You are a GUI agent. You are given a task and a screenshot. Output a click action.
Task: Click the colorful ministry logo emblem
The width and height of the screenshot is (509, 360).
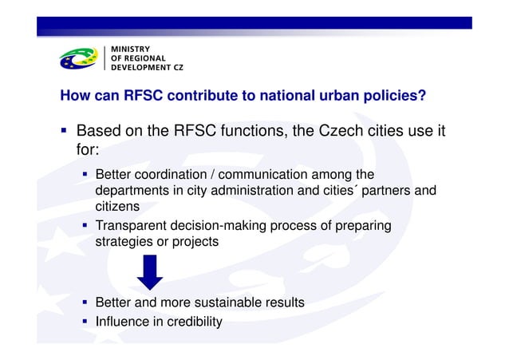pos(79,58)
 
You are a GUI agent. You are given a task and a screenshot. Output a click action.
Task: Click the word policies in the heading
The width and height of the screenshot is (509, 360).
pos(395,97)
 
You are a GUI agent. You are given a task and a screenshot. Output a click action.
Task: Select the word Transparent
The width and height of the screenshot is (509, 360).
pos(132,226)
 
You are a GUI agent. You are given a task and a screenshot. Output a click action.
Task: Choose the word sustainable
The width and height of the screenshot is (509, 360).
pos(228,303)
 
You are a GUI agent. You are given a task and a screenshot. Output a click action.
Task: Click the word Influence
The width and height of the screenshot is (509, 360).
pos(124,322)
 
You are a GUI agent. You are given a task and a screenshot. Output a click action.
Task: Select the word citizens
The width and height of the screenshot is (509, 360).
pos(118,206)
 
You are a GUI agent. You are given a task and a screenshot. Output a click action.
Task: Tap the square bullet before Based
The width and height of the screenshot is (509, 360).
pos(62,130)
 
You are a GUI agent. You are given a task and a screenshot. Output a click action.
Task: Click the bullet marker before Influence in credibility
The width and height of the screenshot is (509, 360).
pos(84,322)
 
